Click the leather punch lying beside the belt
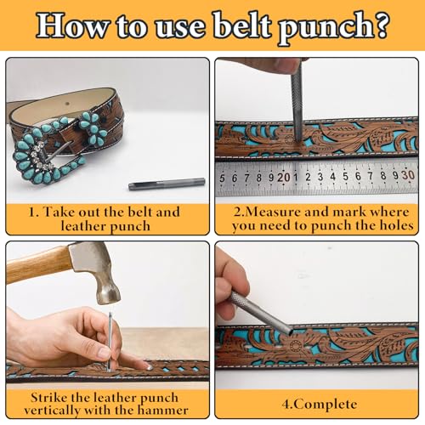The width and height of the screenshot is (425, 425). pyautogui.click(x=156, y=184)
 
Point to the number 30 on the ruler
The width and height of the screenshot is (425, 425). pyautogui.click(x=407, y=176)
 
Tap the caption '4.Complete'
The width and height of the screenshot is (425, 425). pyautogui.click(x=315, y=404)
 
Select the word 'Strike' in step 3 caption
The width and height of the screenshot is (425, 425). pyautogui.click(x=53, y=396)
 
